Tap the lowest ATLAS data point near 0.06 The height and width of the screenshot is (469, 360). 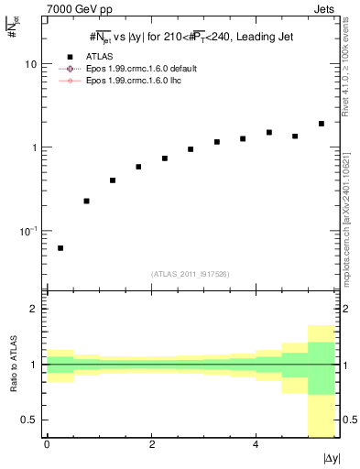(x=60, y=248)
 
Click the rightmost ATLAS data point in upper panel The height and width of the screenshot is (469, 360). (x=321, y=124)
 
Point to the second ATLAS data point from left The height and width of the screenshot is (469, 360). (x=86, y=201)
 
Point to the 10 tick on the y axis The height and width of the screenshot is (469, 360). (x=31, y=65)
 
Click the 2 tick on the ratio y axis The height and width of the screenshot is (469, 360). (x=35, y=309)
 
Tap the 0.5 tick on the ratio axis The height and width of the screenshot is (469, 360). (x=31, y=420)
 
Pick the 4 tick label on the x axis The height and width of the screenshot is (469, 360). (x=256, y=444)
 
